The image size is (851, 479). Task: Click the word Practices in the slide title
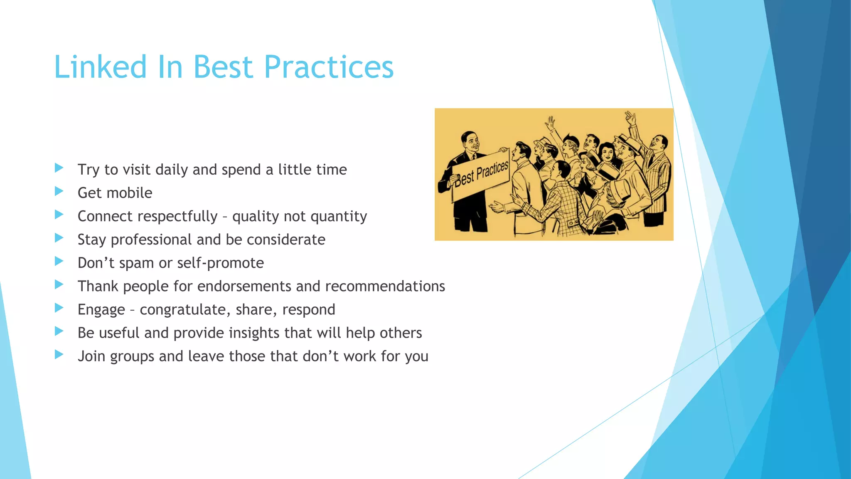(x=329, y=67)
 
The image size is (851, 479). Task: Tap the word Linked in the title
(x=100, y=67)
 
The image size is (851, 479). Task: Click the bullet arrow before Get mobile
(x=59, y=191)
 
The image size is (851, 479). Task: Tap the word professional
(x=151, y=240)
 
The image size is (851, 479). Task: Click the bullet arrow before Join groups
(x=59, y=355)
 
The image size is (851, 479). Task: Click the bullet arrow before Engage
(x=59, y=308)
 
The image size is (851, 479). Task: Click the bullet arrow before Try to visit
(x=59, y=168)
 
